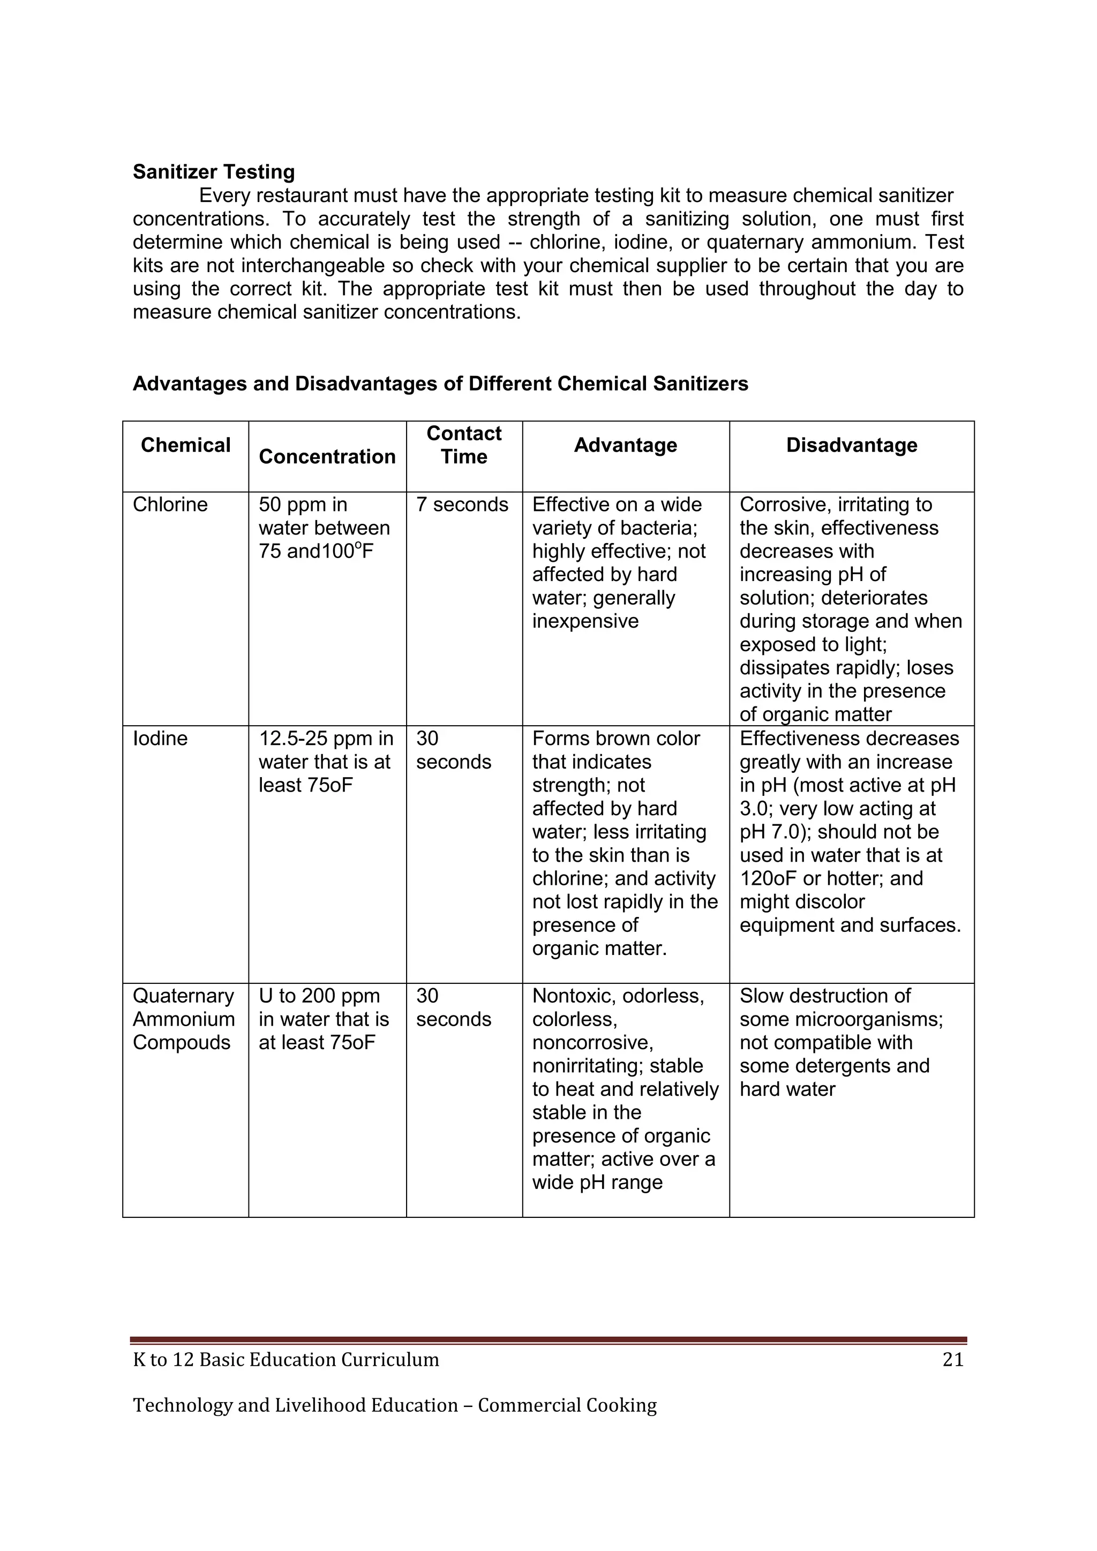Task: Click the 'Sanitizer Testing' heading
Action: tap(214, 171)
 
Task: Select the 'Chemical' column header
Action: tap(185, 445)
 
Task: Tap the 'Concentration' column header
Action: tap(327, 457)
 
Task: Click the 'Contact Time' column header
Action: tap(464, 445)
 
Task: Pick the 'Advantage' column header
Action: tap(626, 445)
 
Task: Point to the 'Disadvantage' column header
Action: tap(851, 445)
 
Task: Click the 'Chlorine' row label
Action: tap(170, 505)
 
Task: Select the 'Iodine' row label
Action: tap(160, 739)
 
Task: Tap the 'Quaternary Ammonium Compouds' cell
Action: tap(184, 1019)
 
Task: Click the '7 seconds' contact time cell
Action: tap(462, 505)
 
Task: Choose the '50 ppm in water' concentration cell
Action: tap(324, 528)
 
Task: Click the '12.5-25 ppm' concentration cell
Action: tap(326, 762)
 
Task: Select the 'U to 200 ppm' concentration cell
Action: tap(324, 1019)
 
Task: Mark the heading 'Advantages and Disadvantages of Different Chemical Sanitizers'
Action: tap(440, 383)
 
